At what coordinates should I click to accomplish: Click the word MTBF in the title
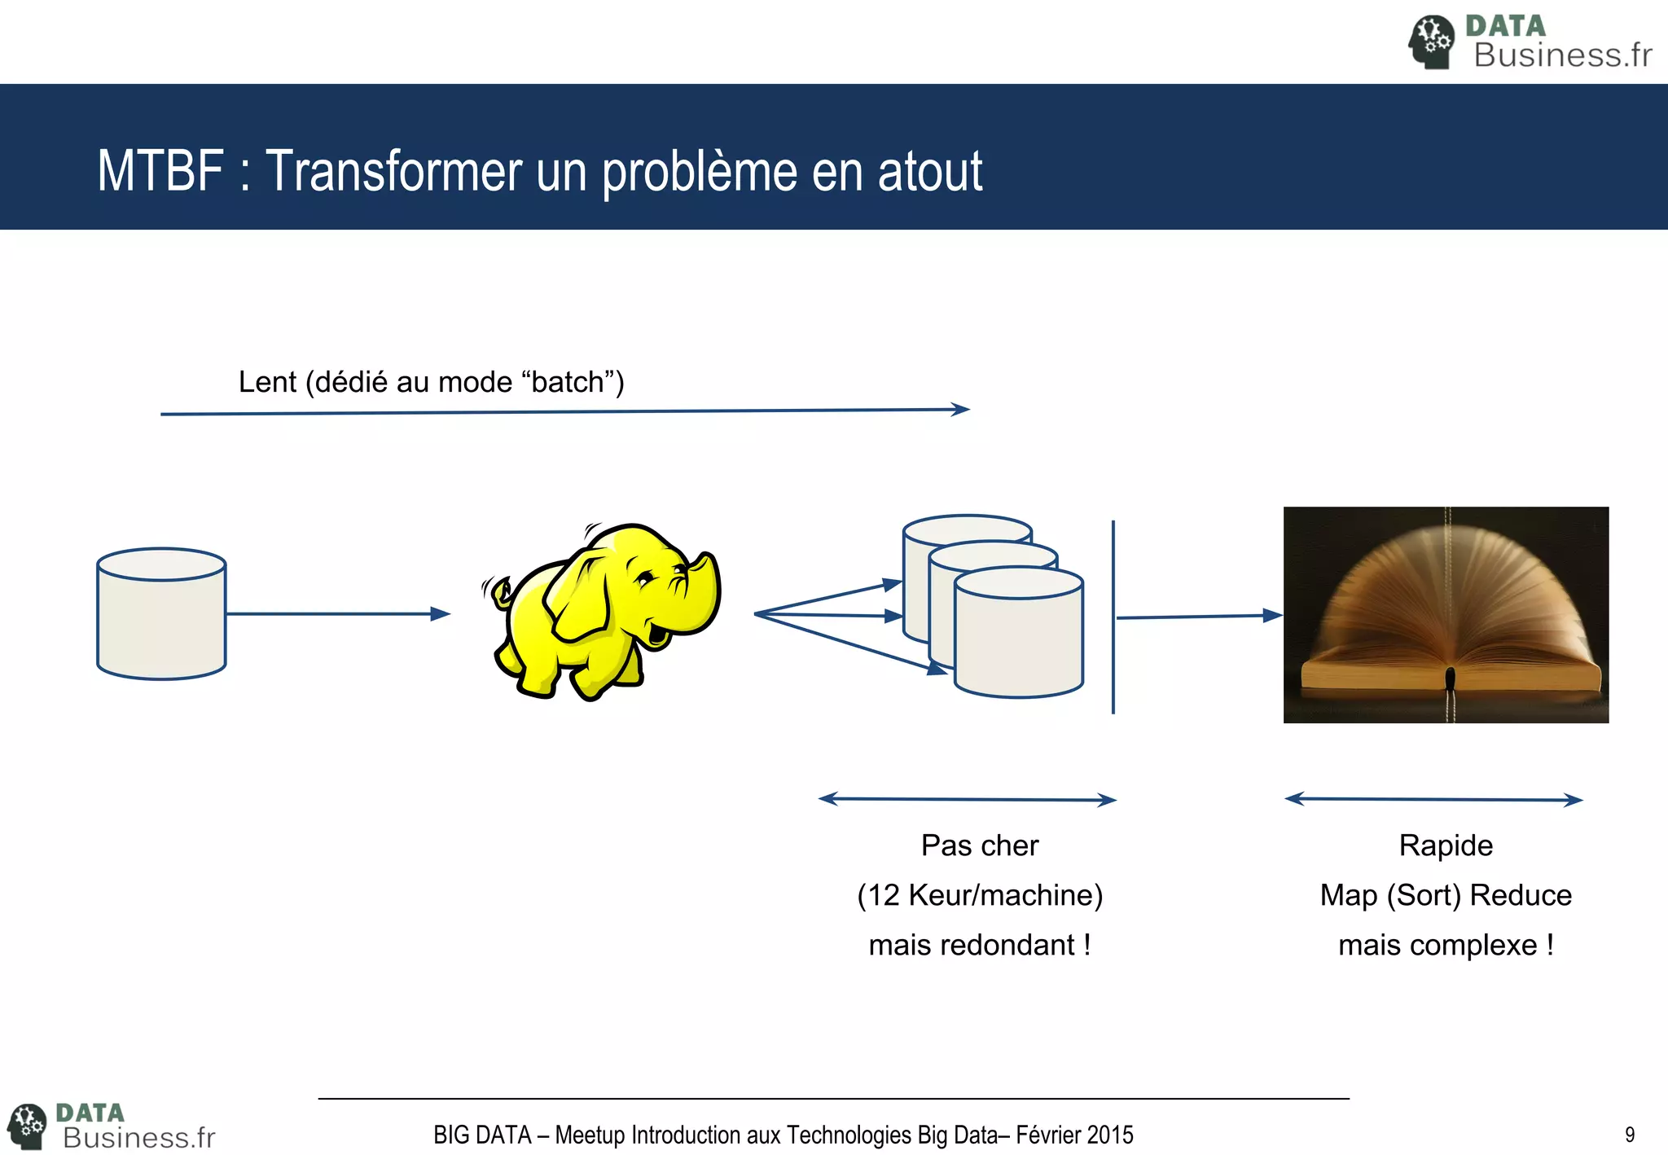click(160, 171)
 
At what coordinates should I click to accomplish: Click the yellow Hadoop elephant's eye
click(644, 580)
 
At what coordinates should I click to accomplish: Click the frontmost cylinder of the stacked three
click(1018, 639)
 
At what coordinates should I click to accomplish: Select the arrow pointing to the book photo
click(1197, 617)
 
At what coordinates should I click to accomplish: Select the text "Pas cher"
click(979, 845)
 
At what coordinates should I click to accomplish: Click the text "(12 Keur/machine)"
click(979, 895)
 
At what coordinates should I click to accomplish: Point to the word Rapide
click(1446, 845)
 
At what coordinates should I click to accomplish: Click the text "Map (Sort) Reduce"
click(1446, 895)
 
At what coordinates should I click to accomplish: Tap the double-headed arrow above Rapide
click(1433, 799)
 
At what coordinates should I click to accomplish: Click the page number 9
click(1629, 1135)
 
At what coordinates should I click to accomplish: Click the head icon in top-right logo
click(1431, 41)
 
